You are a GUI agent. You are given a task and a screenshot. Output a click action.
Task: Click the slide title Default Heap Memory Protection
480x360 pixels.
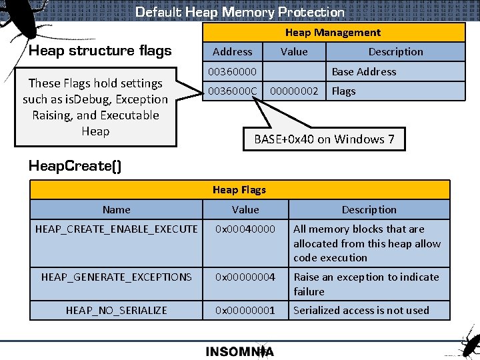(240, 12)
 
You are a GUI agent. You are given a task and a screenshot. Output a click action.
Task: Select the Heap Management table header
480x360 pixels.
(333, 33)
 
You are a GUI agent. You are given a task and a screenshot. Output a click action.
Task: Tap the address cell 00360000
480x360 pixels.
(232, 71)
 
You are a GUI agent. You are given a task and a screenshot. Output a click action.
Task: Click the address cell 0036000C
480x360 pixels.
(232, 91)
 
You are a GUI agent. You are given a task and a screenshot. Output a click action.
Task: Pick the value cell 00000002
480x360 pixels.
(294, 91)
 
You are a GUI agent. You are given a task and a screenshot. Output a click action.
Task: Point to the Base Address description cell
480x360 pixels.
(364, 71)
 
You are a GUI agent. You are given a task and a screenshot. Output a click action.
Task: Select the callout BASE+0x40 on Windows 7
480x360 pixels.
(324, 139)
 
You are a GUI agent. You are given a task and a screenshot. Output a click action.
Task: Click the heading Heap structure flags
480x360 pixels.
(100, 51)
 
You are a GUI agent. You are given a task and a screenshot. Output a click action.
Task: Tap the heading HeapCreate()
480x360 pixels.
(75, 166)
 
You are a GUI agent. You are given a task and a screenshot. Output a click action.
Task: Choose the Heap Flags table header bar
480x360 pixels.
(239, 190)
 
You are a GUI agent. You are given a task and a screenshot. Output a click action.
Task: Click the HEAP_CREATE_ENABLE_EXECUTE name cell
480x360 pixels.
(117, 229)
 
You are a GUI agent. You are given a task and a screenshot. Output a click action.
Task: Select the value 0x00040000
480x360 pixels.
(245, 229)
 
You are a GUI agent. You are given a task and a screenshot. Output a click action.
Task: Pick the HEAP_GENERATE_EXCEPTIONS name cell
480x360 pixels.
(117, 277)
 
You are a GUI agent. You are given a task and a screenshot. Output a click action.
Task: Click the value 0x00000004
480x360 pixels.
(245, 277)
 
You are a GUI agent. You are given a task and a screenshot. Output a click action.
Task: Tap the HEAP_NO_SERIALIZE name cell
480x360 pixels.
(117, 310)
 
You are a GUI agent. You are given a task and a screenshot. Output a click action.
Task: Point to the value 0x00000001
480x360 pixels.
(245, 310)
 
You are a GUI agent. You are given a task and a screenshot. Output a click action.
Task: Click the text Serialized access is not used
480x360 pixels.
(361, 310)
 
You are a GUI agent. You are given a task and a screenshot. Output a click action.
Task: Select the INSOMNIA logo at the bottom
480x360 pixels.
(239, 351)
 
